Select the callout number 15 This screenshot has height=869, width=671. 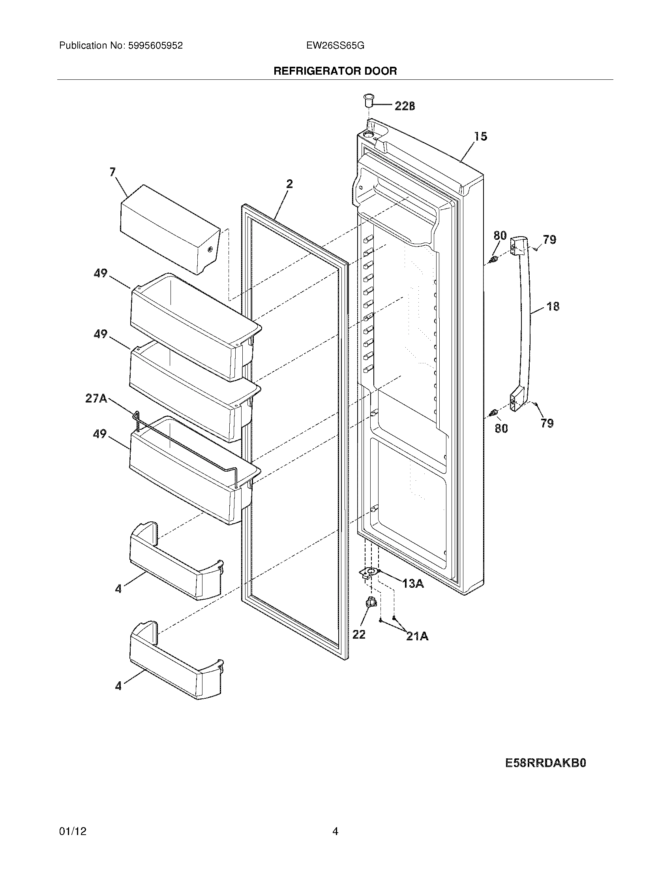coord(481,136)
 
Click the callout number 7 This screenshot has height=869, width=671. coord(113,172)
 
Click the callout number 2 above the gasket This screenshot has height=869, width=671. coord(289,183)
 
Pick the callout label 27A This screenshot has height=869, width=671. coord(96,398)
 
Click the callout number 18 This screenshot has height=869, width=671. coord(553,307)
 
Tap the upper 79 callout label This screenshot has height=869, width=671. coord(550,239)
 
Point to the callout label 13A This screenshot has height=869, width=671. coord(412,584)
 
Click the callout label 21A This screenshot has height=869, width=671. coord(417,637)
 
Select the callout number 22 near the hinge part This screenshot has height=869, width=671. coord(358,634)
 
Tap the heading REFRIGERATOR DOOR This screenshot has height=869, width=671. coord(335,71)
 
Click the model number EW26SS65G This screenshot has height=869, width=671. coord(335,46)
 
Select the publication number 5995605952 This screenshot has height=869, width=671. coord(156,46)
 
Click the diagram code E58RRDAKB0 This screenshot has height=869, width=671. coord(546,763)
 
